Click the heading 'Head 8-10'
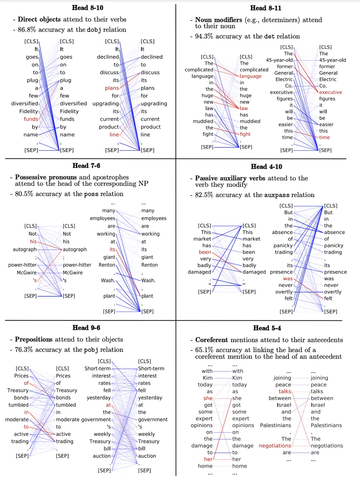87,7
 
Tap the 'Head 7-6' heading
86,165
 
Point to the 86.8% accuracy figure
26,30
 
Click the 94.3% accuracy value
204,36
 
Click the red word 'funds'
31,119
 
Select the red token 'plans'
112,88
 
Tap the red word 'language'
251,76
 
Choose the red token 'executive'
330,92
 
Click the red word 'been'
205,252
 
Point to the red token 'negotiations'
275,445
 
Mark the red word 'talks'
285,391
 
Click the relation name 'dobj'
94,30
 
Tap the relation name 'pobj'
91,350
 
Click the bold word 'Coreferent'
211,340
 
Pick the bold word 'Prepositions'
34,339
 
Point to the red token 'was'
288,279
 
